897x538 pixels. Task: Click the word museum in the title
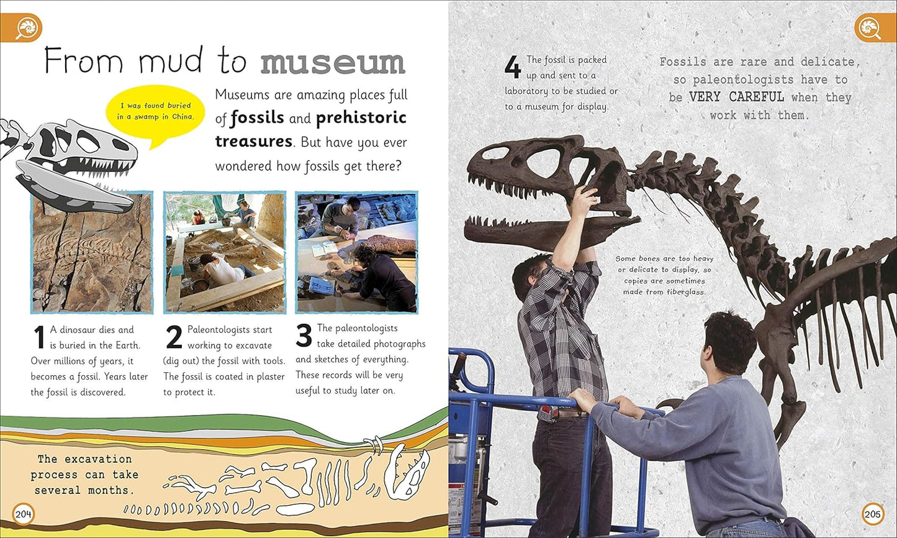click(x=333, y=63)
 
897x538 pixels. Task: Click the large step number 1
click(x=38, y=338)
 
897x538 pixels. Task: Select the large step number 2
click(x=174, y=338)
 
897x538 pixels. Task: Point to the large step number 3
click(x=304, y=336)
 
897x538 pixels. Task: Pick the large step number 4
click(x=512, y=67)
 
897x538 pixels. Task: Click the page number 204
click(x=24, y=514)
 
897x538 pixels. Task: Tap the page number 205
click(x=872, y=514)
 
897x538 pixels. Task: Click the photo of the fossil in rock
click(x=92, y=252)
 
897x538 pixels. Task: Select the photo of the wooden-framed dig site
click(x=225, y=252)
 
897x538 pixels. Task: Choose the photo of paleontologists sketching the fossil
click(x=356, y=252)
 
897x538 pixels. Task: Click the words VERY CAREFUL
click(x=736, y=98)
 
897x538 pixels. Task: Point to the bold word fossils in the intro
click(x=257, y=117)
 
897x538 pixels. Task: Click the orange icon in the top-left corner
click(x=27, y=28)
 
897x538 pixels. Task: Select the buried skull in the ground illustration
click(x=407, y=474)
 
